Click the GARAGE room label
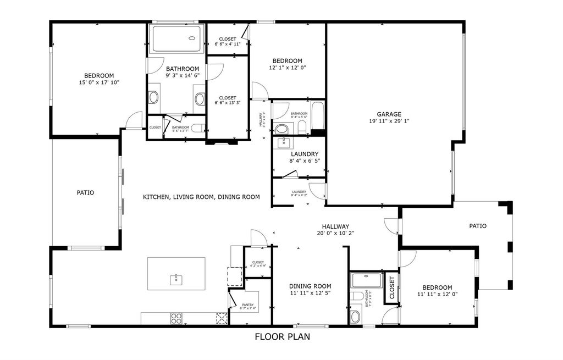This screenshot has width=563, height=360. [389, 114]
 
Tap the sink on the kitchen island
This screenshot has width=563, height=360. [176, 279]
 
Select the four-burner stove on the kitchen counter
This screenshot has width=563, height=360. [176, 318]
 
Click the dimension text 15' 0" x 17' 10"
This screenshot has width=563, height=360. [99, 82]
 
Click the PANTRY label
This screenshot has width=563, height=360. [247, 304]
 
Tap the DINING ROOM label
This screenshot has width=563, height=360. [310, 286]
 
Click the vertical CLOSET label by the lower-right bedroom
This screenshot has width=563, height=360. [391, 287]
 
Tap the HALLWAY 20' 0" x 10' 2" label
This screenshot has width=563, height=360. [335, 229]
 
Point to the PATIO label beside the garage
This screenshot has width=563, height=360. [477, 226]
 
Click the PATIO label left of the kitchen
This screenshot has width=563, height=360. [85, 193]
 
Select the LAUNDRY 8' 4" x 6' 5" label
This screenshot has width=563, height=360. [304, 158]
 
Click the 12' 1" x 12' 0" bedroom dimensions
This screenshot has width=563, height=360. [287, 68]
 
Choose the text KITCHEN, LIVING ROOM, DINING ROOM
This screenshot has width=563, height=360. [201, 197]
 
